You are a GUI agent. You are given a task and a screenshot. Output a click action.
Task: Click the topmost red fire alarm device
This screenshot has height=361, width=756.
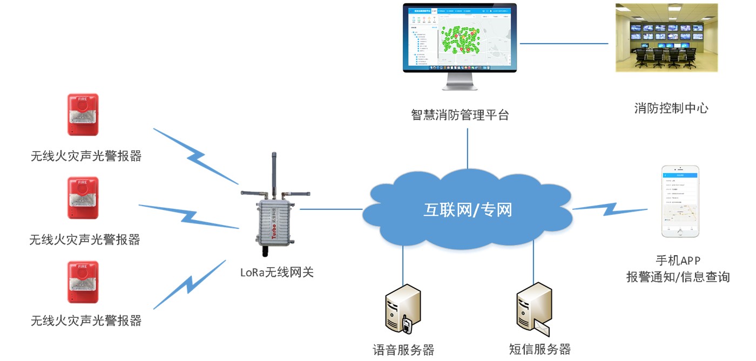83,114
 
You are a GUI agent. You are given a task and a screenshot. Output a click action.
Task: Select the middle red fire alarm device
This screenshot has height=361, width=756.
83,197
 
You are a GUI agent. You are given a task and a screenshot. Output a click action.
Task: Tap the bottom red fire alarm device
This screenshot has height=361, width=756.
83,282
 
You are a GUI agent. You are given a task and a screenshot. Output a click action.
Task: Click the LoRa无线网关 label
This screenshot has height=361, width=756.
276,272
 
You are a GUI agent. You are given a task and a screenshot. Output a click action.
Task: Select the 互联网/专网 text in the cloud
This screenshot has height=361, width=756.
467,209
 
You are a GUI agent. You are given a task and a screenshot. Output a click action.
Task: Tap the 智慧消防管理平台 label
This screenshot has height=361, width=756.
460,114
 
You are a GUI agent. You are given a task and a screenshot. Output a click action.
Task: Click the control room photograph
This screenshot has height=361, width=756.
667,37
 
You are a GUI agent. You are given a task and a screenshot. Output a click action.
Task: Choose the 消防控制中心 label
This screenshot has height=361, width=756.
671,108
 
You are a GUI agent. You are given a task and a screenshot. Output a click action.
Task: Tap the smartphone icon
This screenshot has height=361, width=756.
680,201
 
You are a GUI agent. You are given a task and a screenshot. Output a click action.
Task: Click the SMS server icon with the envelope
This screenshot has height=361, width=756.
534,310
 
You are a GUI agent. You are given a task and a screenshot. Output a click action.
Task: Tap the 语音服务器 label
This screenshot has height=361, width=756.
403,350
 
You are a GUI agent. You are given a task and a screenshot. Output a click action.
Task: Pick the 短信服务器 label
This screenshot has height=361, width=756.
539,349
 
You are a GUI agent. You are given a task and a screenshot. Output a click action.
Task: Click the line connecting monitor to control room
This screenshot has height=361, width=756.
564,43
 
